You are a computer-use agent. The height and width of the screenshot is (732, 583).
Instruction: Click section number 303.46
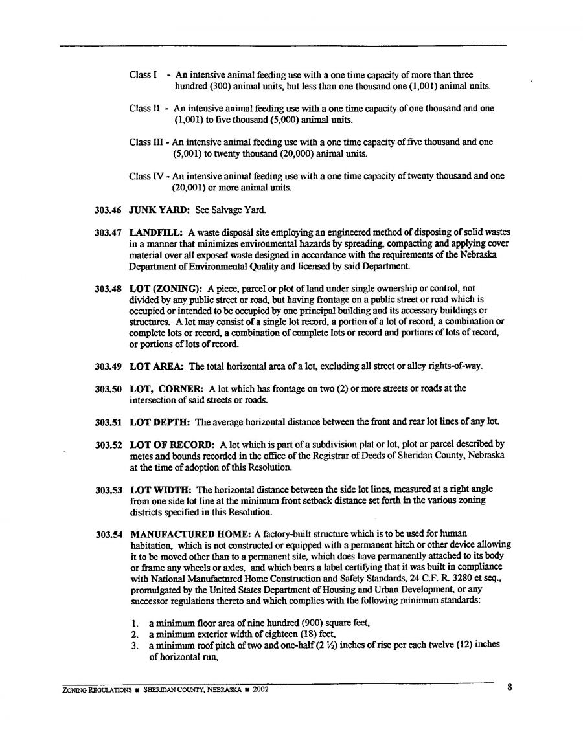tap(106, 210)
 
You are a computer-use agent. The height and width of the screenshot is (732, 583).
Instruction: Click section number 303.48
tap(106, 287)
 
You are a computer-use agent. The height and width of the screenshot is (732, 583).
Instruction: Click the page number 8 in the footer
tap(510, 688)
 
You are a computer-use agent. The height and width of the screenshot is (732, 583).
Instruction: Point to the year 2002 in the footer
tap(260, 689)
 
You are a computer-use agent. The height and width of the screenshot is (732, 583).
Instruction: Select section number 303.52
tap(106, 445)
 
